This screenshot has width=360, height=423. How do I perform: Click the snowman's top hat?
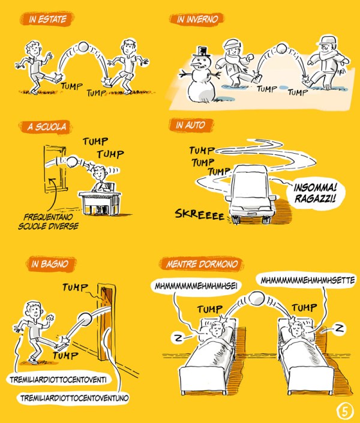202,52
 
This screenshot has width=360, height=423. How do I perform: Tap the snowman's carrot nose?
196,65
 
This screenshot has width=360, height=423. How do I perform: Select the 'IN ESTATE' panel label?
47,19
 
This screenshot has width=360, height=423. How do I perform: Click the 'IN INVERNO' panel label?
197,19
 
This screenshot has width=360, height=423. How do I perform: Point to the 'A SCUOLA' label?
46,127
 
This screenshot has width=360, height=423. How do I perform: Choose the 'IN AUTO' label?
191,125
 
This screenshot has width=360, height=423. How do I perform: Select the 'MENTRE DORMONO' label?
202,264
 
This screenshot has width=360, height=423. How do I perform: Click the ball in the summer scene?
83,47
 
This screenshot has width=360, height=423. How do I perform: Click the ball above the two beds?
256,299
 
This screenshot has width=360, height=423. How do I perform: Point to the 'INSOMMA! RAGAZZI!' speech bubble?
315,193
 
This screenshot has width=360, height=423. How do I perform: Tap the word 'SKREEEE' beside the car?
200,214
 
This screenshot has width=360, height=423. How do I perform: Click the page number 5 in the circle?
345,412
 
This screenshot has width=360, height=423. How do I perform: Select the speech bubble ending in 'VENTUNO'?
74,398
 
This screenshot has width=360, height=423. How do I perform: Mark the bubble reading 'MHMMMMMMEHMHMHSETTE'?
308,280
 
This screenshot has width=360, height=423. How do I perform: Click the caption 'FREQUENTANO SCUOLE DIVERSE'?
49,221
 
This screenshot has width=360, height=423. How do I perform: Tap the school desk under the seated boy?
100,203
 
